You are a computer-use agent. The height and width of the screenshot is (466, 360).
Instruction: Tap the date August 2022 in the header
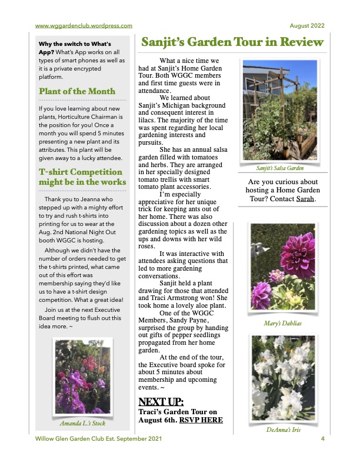[307, 25]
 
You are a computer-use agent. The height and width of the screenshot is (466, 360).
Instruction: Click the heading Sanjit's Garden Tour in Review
[231, 42]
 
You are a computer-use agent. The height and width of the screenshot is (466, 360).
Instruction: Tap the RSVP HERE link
[201, 421]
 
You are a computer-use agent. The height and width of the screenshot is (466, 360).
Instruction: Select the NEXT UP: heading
[161, 402]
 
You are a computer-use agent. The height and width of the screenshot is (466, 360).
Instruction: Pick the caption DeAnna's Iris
[284, 430]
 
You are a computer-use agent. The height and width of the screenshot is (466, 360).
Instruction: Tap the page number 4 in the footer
[323, 439]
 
